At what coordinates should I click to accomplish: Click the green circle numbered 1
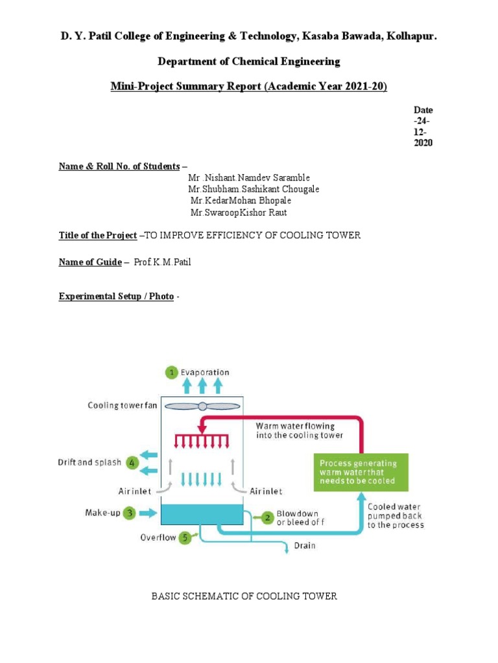[171, 372]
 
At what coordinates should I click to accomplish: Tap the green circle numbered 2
[267, 517]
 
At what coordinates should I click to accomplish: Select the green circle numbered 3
[130, 513]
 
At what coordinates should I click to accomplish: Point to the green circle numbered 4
[132, 462]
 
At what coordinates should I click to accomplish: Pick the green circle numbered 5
[185, 537]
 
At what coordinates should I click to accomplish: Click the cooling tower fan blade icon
[201, 406]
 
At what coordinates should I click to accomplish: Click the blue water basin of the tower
[201, 514]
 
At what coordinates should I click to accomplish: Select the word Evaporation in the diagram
[205, 372]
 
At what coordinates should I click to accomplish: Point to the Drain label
[305, 546]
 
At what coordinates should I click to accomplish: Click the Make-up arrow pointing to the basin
[148, 513]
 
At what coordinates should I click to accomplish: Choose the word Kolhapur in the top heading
[412, 38]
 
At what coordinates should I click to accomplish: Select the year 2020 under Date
[423, 143]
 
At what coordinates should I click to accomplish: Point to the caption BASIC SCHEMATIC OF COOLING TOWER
[244, 596]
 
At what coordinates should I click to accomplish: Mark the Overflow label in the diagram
[158, 537]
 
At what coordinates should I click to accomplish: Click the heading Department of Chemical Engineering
[249, 62]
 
